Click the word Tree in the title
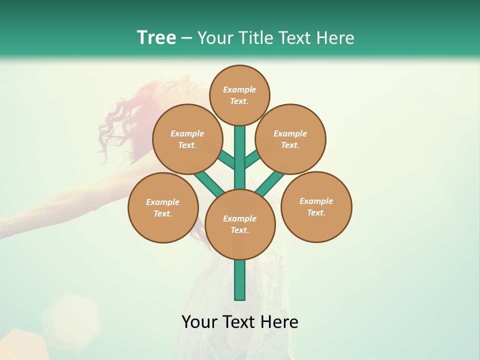coord(156,38)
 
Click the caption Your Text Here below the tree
coord(240,322)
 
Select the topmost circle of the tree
coord(239,95)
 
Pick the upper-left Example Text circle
coord(187,139)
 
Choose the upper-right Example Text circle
coord(290,139)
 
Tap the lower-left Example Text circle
coord(163,207)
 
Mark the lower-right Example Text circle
coord(316,206)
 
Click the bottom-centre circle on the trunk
coord(240,224)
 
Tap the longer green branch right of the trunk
coord(270,182)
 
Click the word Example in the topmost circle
coord(239,89)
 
